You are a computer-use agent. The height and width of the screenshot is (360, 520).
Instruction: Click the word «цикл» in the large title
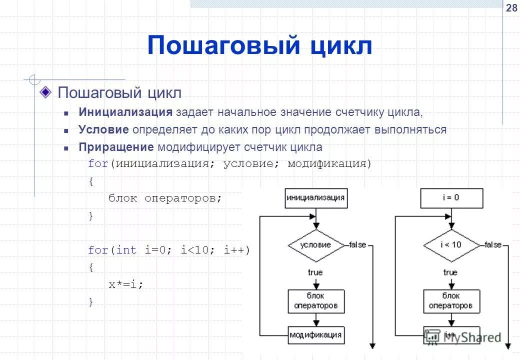click(341, 46)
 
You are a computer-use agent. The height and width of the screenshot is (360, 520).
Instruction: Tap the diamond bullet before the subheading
click(45, 91)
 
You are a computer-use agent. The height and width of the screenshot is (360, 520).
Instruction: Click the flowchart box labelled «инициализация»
click(315, 197)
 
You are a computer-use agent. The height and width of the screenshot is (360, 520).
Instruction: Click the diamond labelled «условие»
click(315, 245)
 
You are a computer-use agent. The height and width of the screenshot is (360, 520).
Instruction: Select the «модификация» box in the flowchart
click(315, 334)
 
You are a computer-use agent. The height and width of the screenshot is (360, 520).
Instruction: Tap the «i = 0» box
click(451, 197)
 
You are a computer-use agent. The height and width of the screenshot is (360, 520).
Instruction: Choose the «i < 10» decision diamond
click(451, 245)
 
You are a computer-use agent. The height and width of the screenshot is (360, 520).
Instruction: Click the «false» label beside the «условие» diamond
click(357, 245)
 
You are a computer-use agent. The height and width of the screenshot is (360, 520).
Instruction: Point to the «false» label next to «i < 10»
click(493, 245)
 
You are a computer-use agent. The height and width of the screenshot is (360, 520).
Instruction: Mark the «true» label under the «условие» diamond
click(315, 272)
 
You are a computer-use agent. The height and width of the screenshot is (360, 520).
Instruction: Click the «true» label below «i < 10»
click(450, 272)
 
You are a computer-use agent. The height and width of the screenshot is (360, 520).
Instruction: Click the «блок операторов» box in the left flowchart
click(315, 300)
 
